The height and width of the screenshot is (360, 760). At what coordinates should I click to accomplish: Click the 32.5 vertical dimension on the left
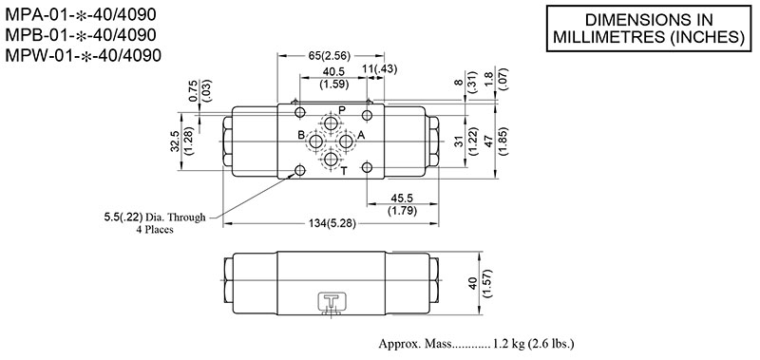pyautogui.click(x=174, y=141)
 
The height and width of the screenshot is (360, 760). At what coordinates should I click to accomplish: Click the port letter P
pyautogui.click(x=342, y=111)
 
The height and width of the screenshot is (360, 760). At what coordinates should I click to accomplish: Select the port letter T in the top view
pyautogui.click(x=343, y=171)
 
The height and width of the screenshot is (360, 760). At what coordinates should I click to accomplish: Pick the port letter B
pyautogui.click(x=300, y=136)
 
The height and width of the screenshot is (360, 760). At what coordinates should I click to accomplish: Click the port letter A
pyautogui.click(x=361, y=136)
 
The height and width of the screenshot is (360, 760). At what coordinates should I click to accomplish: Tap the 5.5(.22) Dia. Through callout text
pyautogui.click(x=154, y=218)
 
